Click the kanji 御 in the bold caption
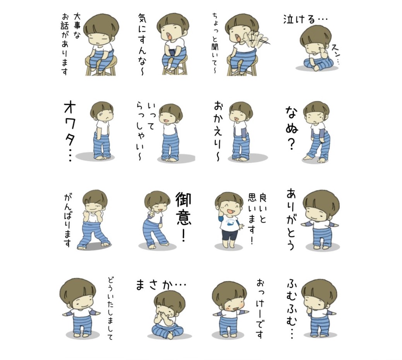coord(183,200)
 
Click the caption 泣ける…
coord(305,19)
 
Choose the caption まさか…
coord(160,285)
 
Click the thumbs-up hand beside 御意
coord(152,212)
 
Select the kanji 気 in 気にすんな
coord(142,19)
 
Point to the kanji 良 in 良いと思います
coord(263,198)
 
